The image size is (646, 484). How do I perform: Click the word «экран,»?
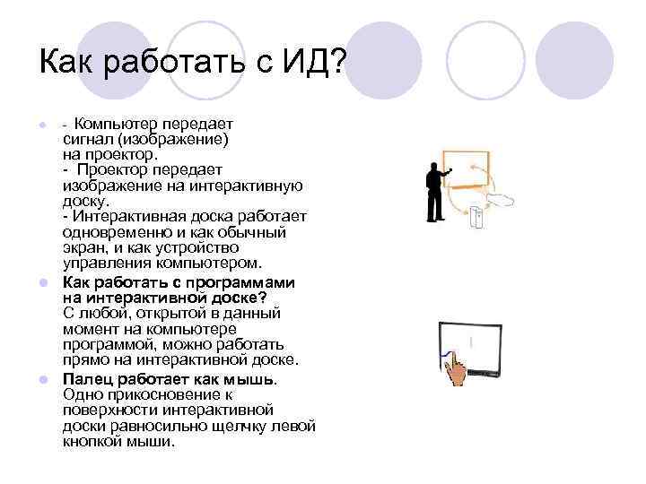tap(86, 248)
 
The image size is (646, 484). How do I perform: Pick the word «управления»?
tap(109, 264)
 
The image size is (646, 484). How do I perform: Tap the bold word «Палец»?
tap(87, 377)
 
